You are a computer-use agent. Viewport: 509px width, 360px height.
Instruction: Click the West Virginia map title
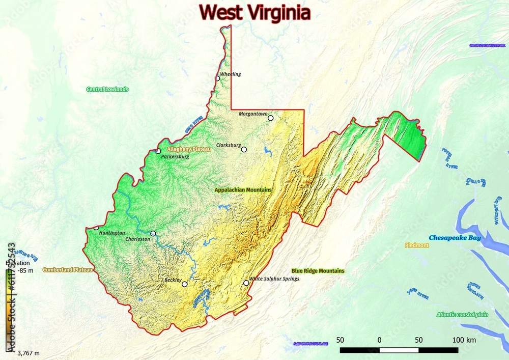[x=254, y=12]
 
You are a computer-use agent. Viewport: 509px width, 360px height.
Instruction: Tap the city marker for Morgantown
[x=271, y=118]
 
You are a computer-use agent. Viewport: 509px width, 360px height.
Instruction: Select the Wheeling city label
[x=231, y=74]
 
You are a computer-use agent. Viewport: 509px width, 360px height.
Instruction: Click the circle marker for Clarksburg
[x=244, y=150]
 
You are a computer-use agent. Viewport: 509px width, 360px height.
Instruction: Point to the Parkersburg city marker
[x=158, y=151]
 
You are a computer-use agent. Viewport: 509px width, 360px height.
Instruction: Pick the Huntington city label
[x=112, y=233]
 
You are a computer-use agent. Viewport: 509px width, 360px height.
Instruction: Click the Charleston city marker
[x=153, y=234]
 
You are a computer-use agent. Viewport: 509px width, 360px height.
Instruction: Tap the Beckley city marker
[x=185, y=284]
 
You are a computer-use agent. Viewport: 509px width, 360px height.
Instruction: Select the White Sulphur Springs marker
[x=246, y=283]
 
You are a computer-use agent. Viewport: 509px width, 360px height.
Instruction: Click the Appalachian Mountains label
[x=243, y=190]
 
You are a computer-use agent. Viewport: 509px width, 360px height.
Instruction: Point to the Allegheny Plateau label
[x=189, y=149]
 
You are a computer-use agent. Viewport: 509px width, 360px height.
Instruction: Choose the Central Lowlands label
[x=107, y=89]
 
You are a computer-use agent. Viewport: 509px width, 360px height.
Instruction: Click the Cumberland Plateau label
[x=68, y=270]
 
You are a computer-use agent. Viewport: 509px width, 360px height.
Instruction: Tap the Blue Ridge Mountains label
[x=318, y=271]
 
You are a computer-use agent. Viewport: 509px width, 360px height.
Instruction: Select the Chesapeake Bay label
[x=455, y=238]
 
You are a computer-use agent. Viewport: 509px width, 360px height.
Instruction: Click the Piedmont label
[x=417, y=245]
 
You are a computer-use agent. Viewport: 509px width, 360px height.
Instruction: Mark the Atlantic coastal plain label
[x=462, y=315]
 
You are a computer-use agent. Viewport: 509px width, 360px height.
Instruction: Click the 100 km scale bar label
[x=463, y=340]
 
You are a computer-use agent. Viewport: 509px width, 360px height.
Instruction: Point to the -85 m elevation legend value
[x=25, y=271]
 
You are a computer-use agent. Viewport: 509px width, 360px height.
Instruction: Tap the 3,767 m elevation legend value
[x=29, y=353]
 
